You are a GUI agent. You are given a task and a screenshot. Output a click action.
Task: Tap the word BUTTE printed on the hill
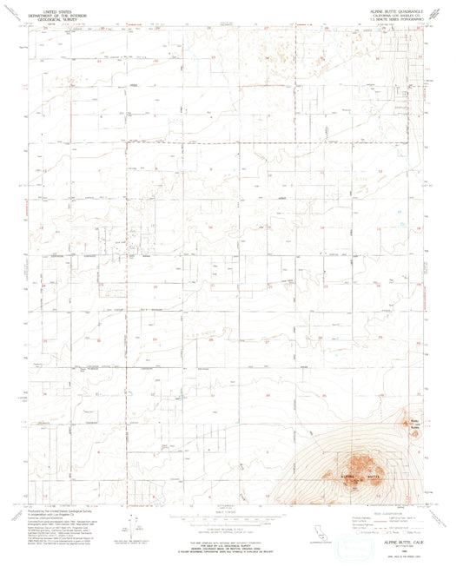[x=374, y=477]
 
